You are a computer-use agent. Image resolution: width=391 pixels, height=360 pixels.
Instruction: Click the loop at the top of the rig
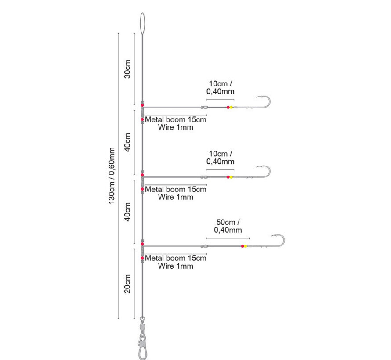(140, 24)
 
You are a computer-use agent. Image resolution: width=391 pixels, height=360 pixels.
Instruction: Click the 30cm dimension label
(127, 69)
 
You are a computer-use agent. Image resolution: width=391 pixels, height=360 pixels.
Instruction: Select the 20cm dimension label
(127, 284)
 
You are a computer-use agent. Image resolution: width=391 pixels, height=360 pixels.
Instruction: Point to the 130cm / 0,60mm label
(112, 176)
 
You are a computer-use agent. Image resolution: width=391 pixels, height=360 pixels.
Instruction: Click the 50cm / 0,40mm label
(228, 226)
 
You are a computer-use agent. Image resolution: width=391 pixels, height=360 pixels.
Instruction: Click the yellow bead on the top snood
(231, 108)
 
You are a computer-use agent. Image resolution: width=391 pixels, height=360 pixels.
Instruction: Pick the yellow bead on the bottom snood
(246, 246)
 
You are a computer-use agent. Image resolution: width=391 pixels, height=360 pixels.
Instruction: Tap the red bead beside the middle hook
(228, 177)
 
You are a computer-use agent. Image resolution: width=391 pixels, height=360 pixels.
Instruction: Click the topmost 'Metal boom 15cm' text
(176, 119)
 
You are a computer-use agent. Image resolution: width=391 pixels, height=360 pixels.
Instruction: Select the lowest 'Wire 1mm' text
(176, 266)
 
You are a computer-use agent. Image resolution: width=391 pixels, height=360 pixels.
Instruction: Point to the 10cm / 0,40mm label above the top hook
(221, 87)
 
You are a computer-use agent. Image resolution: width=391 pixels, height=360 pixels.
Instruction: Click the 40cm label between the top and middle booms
(127, 142)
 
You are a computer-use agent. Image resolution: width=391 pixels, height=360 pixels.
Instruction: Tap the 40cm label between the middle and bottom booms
(127, 212)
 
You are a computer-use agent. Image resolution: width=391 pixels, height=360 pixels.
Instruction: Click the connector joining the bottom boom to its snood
(204, 246)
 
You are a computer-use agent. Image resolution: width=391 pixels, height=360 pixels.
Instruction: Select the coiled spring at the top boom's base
(142, 112)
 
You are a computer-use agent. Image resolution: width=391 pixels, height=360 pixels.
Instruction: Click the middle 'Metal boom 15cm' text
(176, 189)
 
